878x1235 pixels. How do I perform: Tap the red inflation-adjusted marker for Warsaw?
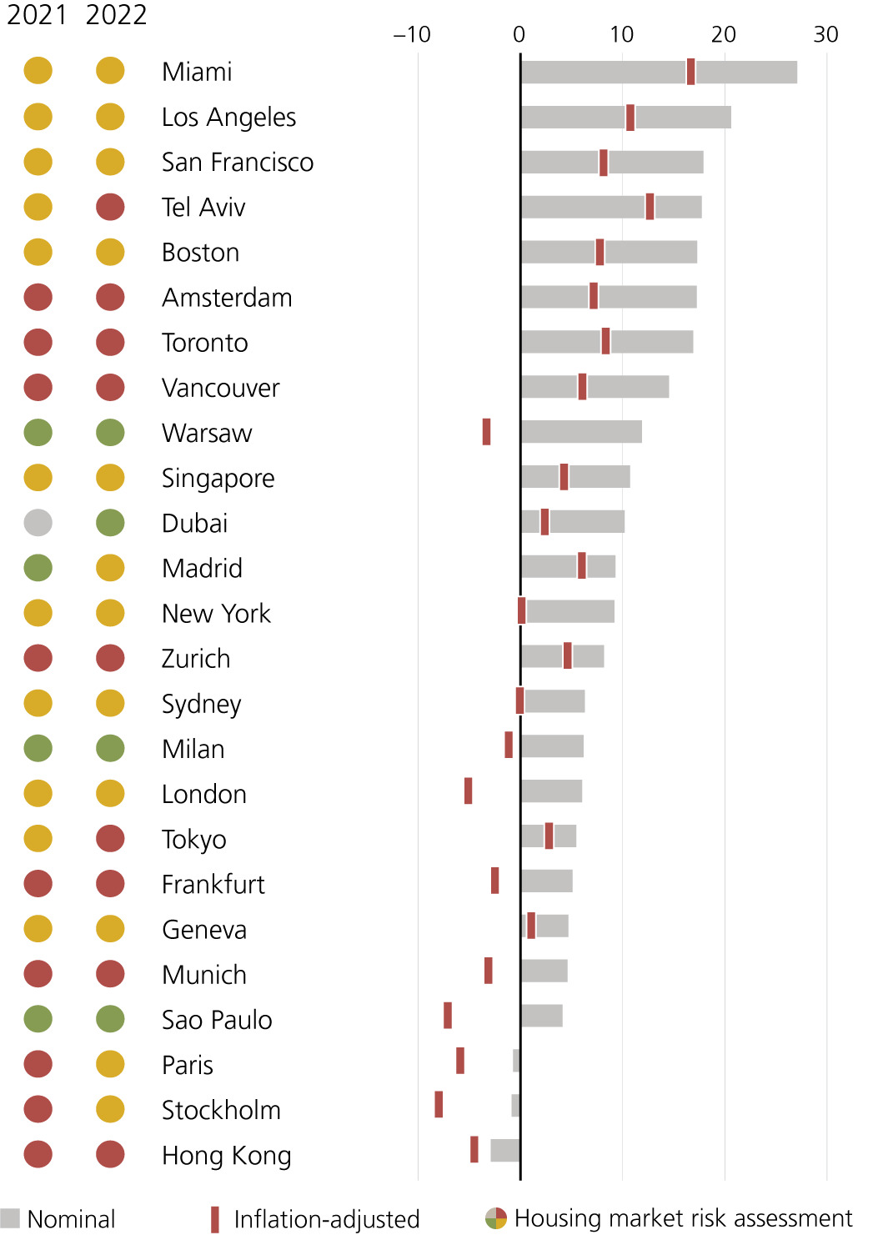tap(486, 432)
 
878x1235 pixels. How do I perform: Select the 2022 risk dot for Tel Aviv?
tap(110, 207)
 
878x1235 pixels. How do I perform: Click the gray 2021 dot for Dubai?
tap(38, 523)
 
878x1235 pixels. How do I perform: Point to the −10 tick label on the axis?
tap(412, 34)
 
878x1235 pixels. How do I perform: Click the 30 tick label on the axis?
tap(825, 34)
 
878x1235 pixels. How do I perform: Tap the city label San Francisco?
tap(238, 162)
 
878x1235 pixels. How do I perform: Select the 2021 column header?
tap(36, 15)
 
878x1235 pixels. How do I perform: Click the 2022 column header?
tap(116, 15)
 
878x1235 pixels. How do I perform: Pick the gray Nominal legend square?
tap(10, 1218)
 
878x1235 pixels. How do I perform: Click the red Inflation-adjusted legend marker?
tap(215, 1219)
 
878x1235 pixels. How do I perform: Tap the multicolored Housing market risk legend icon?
tap(496, 1218)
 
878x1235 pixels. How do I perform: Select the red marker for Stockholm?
tap(439, 1104)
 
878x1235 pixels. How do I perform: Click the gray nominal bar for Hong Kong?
tap(504, 1150)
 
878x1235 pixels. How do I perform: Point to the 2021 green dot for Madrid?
tap(38, 568)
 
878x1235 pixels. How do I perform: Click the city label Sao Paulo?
tap(217, 1020)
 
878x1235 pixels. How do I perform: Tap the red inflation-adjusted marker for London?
tap(469, 791)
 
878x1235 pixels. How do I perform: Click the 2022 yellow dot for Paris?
tap(110, 1064)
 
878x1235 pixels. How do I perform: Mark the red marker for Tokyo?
tap(549, 836)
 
